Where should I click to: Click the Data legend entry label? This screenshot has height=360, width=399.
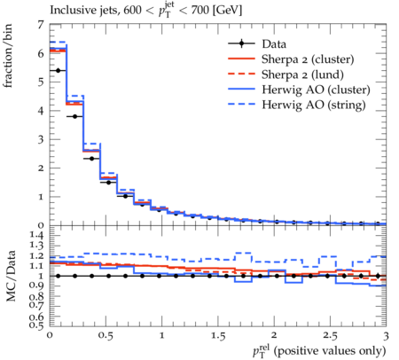tap(274, 44)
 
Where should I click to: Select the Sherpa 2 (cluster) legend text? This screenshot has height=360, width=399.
tap(308, 59)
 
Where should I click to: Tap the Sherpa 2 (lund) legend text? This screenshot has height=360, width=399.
tap(302, 74)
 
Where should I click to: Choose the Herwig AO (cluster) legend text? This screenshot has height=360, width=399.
tap(316, 90)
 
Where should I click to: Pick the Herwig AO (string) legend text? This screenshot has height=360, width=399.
tap(314, 105)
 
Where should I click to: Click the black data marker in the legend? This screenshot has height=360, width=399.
tap(241, 43)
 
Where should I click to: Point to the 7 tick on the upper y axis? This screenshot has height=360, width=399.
tap(41, 25)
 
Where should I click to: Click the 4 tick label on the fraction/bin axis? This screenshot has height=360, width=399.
tap(41, 111)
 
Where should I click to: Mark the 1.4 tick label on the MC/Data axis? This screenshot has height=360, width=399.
tap(36, 235)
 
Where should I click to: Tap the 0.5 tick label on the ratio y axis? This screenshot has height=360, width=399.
tap(36, 325)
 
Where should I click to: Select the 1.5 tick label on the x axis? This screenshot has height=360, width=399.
tap(218, 336)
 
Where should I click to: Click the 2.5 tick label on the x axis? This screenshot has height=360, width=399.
tap(330, 336)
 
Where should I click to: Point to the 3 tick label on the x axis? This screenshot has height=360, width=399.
tap(386, 336)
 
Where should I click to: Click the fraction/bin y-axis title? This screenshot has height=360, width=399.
tap(8, 56)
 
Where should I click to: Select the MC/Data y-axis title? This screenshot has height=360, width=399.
tap(11, 276)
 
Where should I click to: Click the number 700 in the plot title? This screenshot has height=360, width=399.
tap(199, 11)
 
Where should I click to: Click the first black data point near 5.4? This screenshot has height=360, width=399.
tap(58, 70)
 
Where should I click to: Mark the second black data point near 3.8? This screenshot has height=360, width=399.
tap(74, 116)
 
